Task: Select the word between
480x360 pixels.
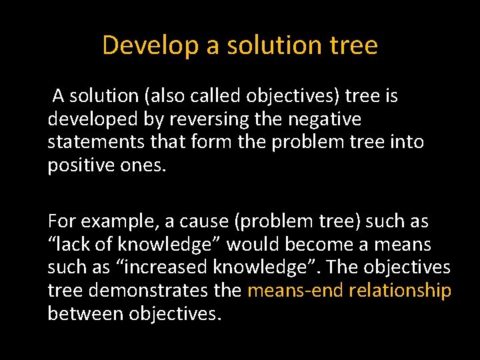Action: [x=85, y=313]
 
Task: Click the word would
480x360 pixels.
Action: [x=253, y=244]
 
